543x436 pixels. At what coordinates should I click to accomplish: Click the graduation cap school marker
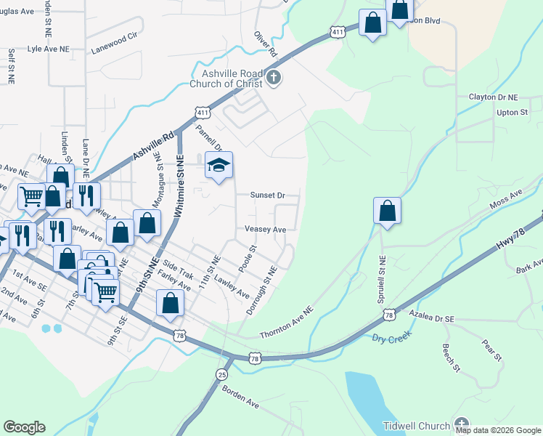pos(219,166)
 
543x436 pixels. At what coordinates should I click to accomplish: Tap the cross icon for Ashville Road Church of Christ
pos(273,78)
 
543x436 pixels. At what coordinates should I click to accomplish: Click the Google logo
pos(24,427)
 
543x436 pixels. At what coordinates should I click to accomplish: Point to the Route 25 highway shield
pos(221,374)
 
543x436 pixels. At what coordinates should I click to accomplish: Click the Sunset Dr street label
pos(267,195)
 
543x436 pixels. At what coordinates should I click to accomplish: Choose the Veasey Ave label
pos(266,229)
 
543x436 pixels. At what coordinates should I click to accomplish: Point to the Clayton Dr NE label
pos(494,97)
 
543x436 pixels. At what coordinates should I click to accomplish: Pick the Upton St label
pos(513,113)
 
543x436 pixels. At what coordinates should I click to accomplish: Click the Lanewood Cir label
pos(114,52)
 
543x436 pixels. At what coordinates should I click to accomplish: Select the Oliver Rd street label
pos(266,44)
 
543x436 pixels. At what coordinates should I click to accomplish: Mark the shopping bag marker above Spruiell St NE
pos(388,211)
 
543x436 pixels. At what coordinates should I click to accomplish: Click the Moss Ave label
pos(506,201)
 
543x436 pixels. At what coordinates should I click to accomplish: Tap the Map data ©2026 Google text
pos(497,429)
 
